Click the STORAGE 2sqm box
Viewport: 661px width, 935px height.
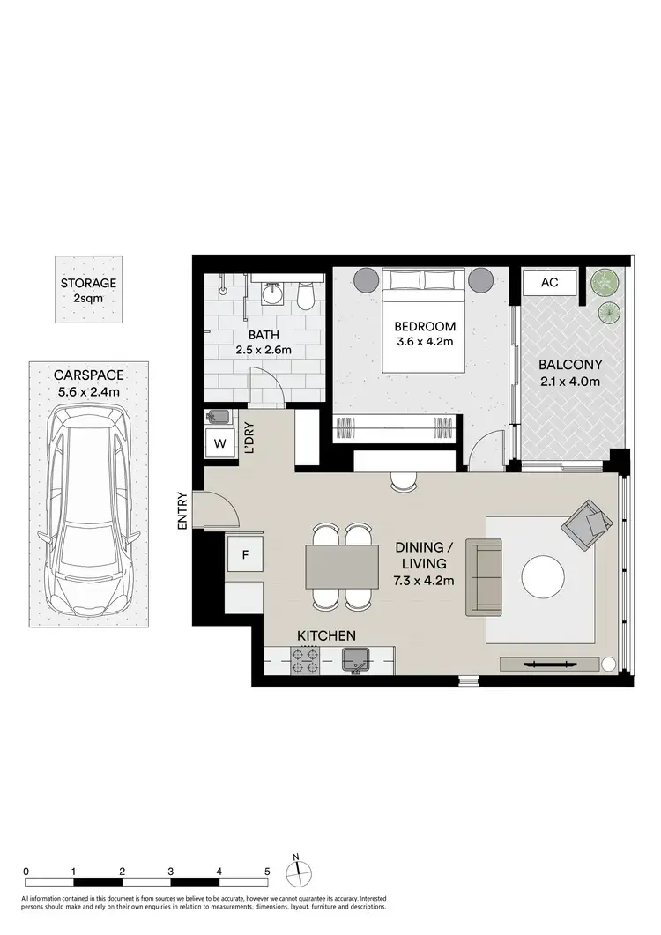88,290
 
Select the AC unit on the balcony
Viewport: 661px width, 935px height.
549,284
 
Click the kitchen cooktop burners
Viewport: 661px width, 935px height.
306,661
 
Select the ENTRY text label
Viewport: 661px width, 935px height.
183,509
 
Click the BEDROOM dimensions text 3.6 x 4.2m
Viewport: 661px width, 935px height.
425,342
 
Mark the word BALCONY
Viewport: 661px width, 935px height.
569,364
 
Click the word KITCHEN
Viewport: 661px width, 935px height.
326,635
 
